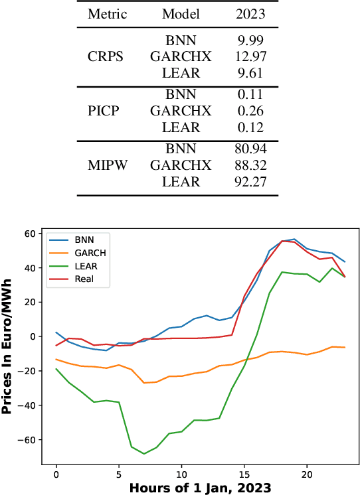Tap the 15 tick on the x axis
click(243, 475)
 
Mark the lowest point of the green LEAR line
click(143, 454)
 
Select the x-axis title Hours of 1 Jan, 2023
click(199, 488)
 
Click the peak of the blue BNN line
click(294, 240)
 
